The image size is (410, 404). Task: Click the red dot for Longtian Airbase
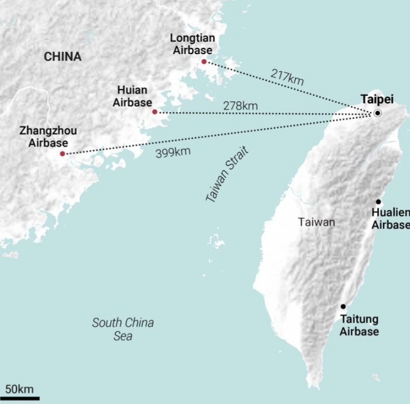pyautogui.click(x=204, y=62)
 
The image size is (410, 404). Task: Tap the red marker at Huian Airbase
pyautogui.click(x=155, y=112)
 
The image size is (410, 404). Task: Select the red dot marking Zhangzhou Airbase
pyautogui.click(x=62, y=154)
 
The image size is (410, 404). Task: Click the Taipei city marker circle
pyautogui.click(x=377, y=113)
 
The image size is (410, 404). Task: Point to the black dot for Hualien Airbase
pyautogui.click(x=378, y=202)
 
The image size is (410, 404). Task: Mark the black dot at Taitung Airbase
pyautogui.click(x=343, y=307)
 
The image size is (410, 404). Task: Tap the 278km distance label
pyautogui.click(x=240, y=106)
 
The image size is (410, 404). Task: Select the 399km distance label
pyautogui.click(x=173, y=152)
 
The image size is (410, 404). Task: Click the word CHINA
pyautogui.click(x=63, y=57)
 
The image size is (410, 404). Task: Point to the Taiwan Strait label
pyautogui.click(x=227, y=175)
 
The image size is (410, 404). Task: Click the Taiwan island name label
pyautogui.click(x=317, y=222)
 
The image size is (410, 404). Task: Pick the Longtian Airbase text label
pyautogui.click(x=192, y=44)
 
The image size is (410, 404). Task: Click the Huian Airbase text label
pyautogui.click(x=132, y=95)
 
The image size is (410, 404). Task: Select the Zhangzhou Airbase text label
pyautogui.click(x=48, y=137)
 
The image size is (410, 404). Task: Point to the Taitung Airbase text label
pyautogui.click(x=360, y=325)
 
